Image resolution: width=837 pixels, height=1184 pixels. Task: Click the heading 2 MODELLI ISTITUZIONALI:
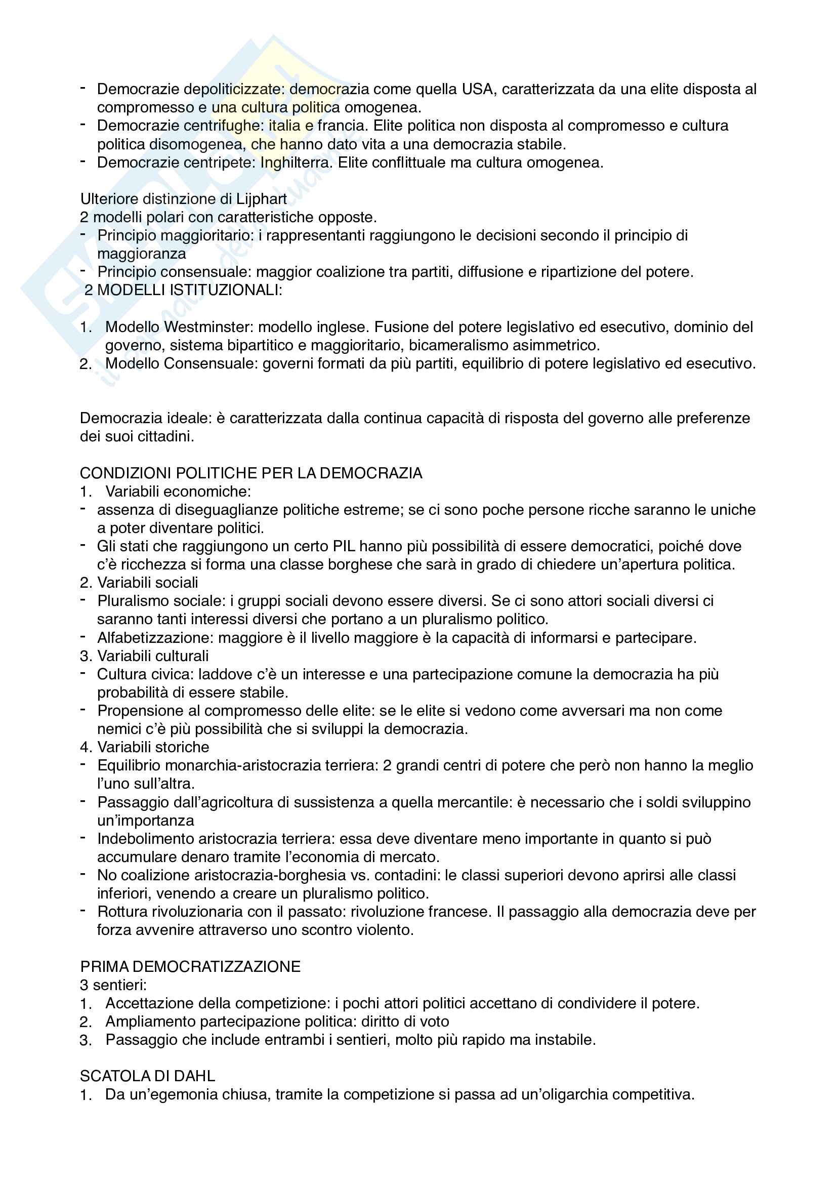coord(184,291)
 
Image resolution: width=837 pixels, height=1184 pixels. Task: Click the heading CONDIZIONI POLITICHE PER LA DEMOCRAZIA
coord(251,473)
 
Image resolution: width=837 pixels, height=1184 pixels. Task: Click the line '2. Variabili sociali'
coord(139,583)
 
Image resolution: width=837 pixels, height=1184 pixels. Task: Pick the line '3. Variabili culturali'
coord(144,656)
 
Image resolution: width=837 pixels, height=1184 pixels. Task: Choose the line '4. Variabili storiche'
coord(145,747)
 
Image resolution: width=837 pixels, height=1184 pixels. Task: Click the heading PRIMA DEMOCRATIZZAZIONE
coord(190,967)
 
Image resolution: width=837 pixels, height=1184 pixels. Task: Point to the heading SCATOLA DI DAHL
coord(147,1076)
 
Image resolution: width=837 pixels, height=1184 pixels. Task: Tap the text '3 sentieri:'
coord(113,985)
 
